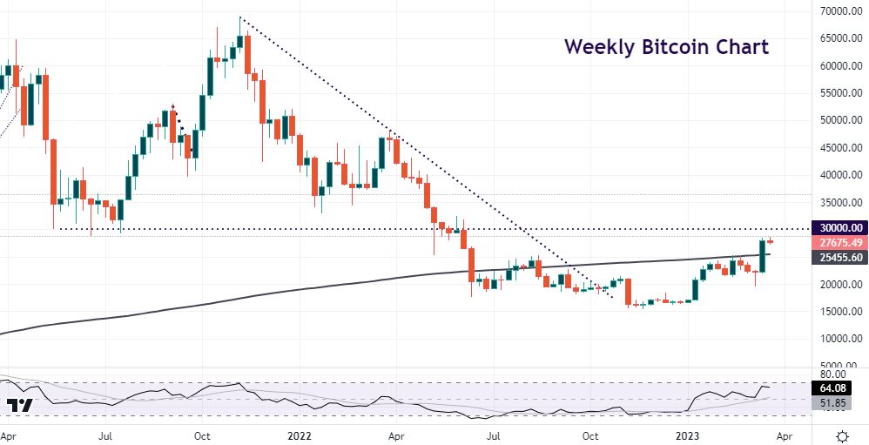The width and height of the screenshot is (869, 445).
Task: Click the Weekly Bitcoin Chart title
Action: click(x=666, y=47)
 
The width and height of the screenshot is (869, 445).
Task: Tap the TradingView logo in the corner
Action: click(x=19, y=406)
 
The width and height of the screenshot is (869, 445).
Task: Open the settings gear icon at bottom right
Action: click(x=842, y=435)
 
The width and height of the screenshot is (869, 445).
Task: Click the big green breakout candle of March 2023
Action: click(x=762, y=255)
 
